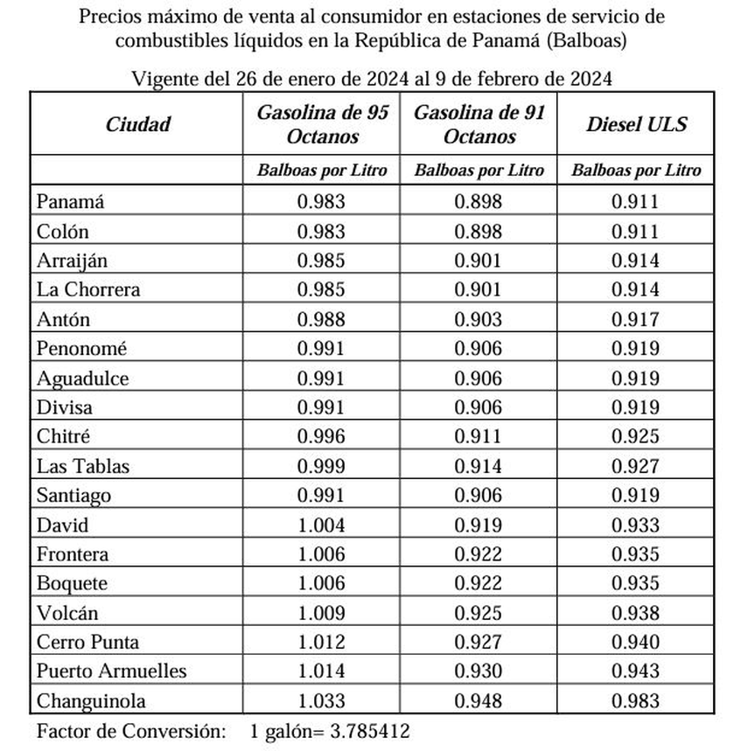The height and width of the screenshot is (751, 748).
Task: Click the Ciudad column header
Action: [x=138, y=123]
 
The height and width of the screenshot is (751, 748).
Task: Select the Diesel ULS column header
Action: [x=636, y=123]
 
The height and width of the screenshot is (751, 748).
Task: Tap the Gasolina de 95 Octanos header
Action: [x=321, y=123]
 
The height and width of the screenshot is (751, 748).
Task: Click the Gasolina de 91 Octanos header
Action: [x=479, y=123]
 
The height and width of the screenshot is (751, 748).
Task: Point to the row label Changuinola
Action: [x=91, y=700]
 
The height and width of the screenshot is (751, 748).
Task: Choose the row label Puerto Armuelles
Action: [x=111, y=671]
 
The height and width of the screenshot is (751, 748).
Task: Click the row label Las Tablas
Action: [x=82, y=466]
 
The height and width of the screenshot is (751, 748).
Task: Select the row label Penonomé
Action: [x=81, y=348]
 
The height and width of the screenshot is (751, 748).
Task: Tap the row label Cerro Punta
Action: [x=87, y=642]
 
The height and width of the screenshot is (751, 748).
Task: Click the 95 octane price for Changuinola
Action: [x=321, y=700]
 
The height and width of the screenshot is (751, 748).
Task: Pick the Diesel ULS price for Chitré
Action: [x=636, y=436]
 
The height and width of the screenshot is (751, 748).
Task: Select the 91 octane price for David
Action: [x=479, y=525]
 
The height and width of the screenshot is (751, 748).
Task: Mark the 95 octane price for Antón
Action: [x=321, y=319]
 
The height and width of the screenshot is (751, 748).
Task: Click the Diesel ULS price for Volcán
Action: [x=636, y=612]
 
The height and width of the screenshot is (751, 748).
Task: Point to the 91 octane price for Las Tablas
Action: [x=479, y=466]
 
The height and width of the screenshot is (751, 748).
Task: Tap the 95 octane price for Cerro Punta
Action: [x=321, y=642]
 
